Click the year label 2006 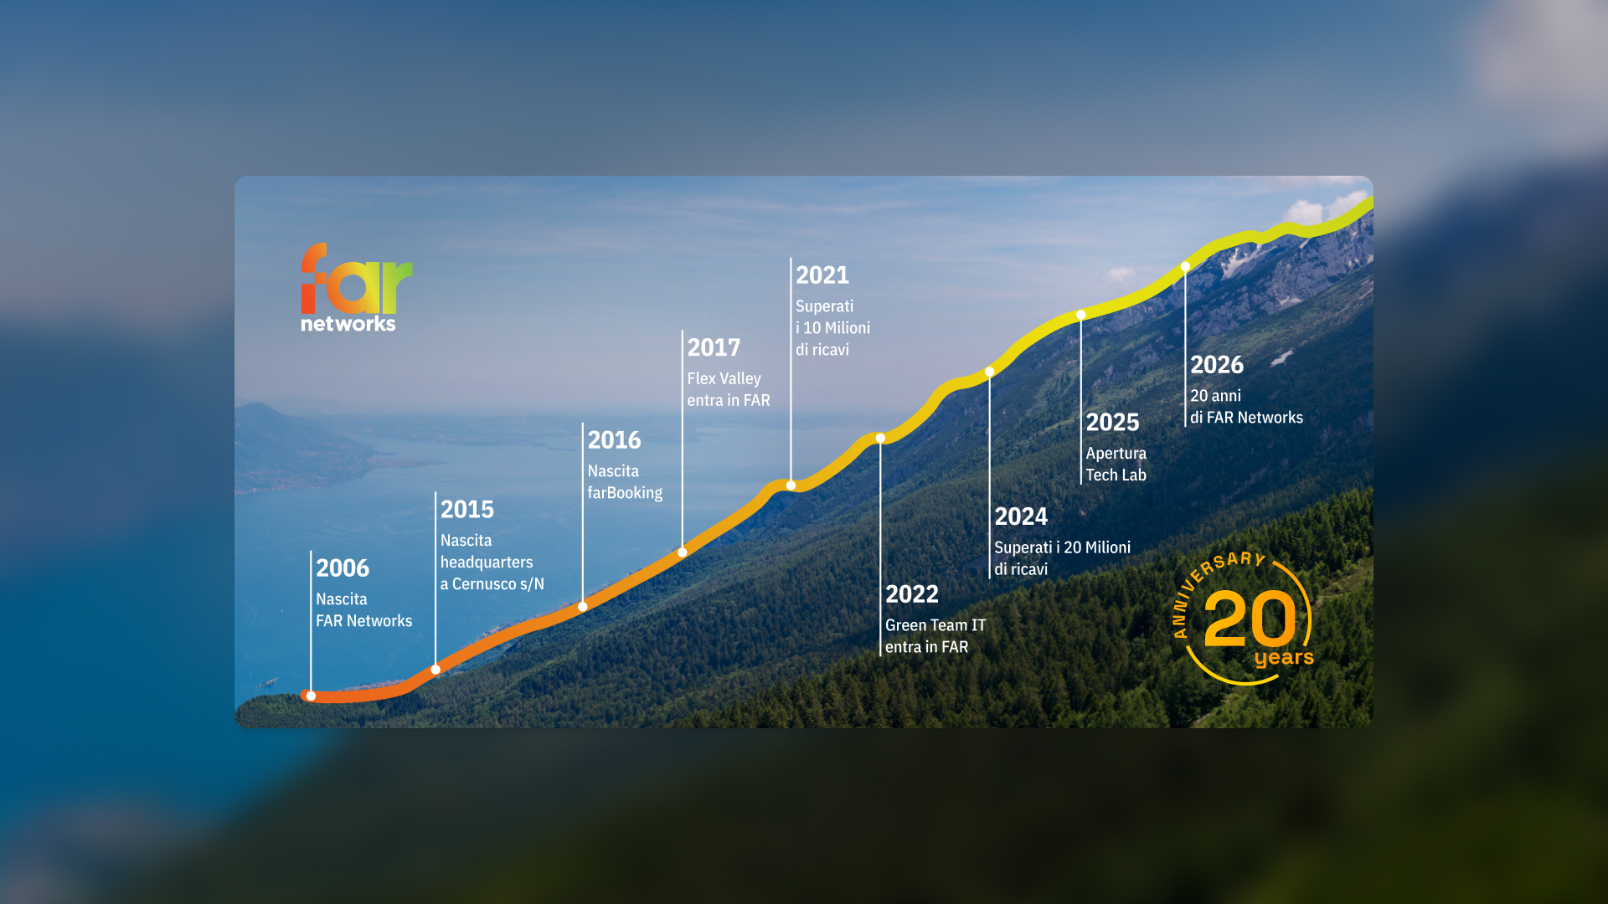coord(343,568)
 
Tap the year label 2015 coord(467,510)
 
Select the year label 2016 coord(614,440)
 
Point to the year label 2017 coord(714,348)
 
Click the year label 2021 coord(822,275)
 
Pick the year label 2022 coord(912,594)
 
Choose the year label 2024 coord(1021,516)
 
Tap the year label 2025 coord(1112,423)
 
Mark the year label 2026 coord(1217,365)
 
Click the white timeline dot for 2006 coord(311,696)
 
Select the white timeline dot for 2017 coord(683,552)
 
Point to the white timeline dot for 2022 coord(880,438)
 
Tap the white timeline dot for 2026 coord(1185,267)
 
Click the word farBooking coord(625,493)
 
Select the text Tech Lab coord(1116,475)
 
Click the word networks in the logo coord(348,324)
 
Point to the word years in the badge coord(1284,658)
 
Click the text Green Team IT coord(935,625)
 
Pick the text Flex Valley coord(724,379)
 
